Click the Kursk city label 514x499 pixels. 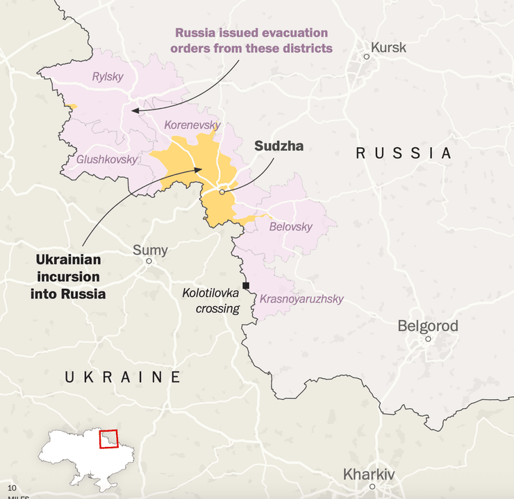(x=388, y=48)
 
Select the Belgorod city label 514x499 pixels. (x=428, y=325)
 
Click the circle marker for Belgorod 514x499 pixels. (x=428, y=339)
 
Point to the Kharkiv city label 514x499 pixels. (x=369, y=475)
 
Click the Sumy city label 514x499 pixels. (x=150, y=250)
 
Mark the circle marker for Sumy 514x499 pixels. (x=149, y=261)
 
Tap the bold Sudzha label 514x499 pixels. (x=279, y=146)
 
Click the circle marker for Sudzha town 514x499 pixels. (x=222, y=192)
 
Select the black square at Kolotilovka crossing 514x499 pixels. (x=246, y=285)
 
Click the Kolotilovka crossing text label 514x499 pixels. (x=210, y=301)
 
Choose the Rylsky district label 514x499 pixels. (x=108, y=76)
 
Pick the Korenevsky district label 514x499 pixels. (x=192, y=126)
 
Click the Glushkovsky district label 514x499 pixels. (x=107, y=159)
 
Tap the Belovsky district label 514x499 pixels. (x=290, y=226)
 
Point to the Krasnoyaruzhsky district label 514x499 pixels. (x=301, y=299)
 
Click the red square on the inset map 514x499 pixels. (x=108, y=439)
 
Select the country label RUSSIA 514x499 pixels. (x=404, y=153)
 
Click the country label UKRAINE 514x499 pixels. (x=123, y=377)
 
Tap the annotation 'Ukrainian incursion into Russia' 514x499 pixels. (x=67, y=276)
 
